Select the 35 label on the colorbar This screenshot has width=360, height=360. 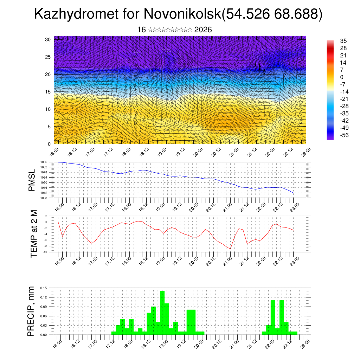point(343,41)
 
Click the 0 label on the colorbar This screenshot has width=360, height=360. point(342,77)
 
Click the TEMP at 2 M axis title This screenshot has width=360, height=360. point(34,234)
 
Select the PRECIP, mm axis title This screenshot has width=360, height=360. point(31,311)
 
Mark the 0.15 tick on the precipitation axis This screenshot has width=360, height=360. point(43,288)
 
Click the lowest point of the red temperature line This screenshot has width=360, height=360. point(230,249)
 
